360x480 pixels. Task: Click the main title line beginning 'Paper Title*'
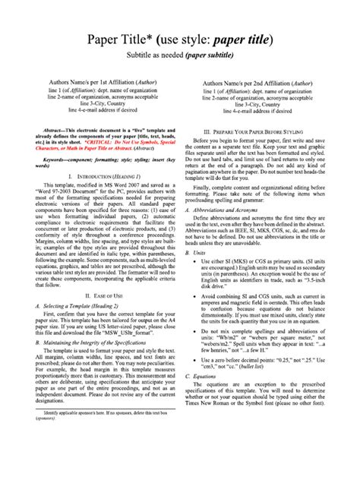pos(179,39)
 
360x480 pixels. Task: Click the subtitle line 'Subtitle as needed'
pos(179,56)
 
